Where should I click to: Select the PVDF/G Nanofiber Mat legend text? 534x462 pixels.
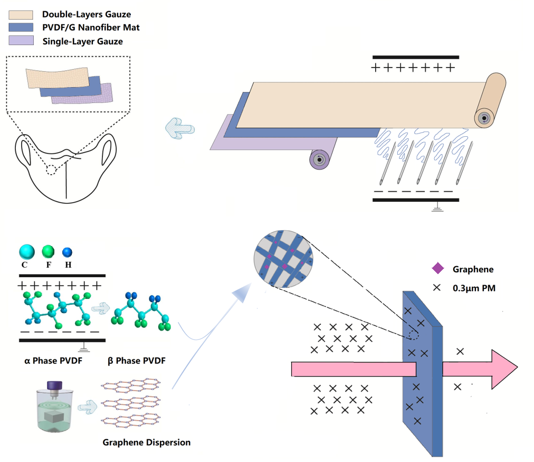coord(91,27)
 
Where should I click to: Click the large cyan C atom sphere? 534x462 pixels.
coord(26,252)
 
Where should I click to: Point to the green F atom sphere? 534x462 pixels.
coord(48,251)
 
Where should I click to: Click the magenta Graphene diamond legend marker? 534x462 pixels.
coord(437,269)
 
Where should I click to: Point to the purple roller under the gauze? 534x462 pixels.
coord(318,159)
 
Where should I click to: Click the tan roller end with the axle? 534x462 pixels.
coord(484,118)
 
